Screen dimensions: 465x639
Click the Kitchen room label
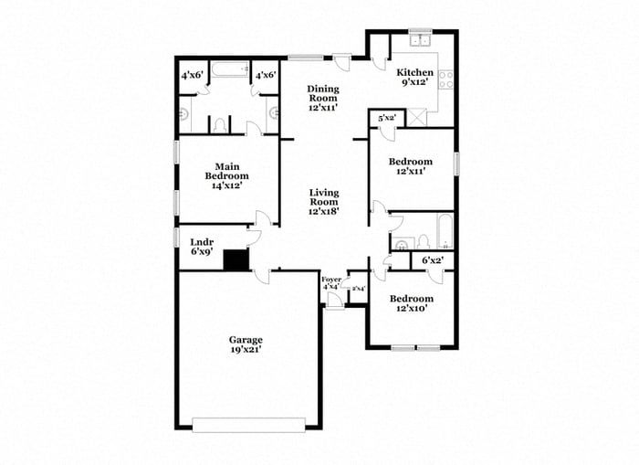414,72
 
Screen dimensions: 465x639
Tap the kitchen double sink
421,40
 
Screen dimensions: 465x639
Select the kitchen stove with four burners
446,79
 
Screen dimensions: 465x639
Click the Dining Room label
322,89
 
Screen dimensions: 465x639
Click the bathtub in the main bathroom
230,69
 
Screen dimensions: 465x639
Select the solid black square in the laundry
237,260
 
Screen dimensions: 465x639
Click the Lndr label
201,242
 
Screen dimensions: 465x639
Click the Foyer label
331,279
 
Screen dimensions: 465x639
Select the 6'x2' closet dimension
433,261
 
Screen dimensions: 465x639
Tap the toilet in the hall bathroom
424,241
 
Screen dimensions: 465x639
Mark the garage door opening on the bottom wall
248,423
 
